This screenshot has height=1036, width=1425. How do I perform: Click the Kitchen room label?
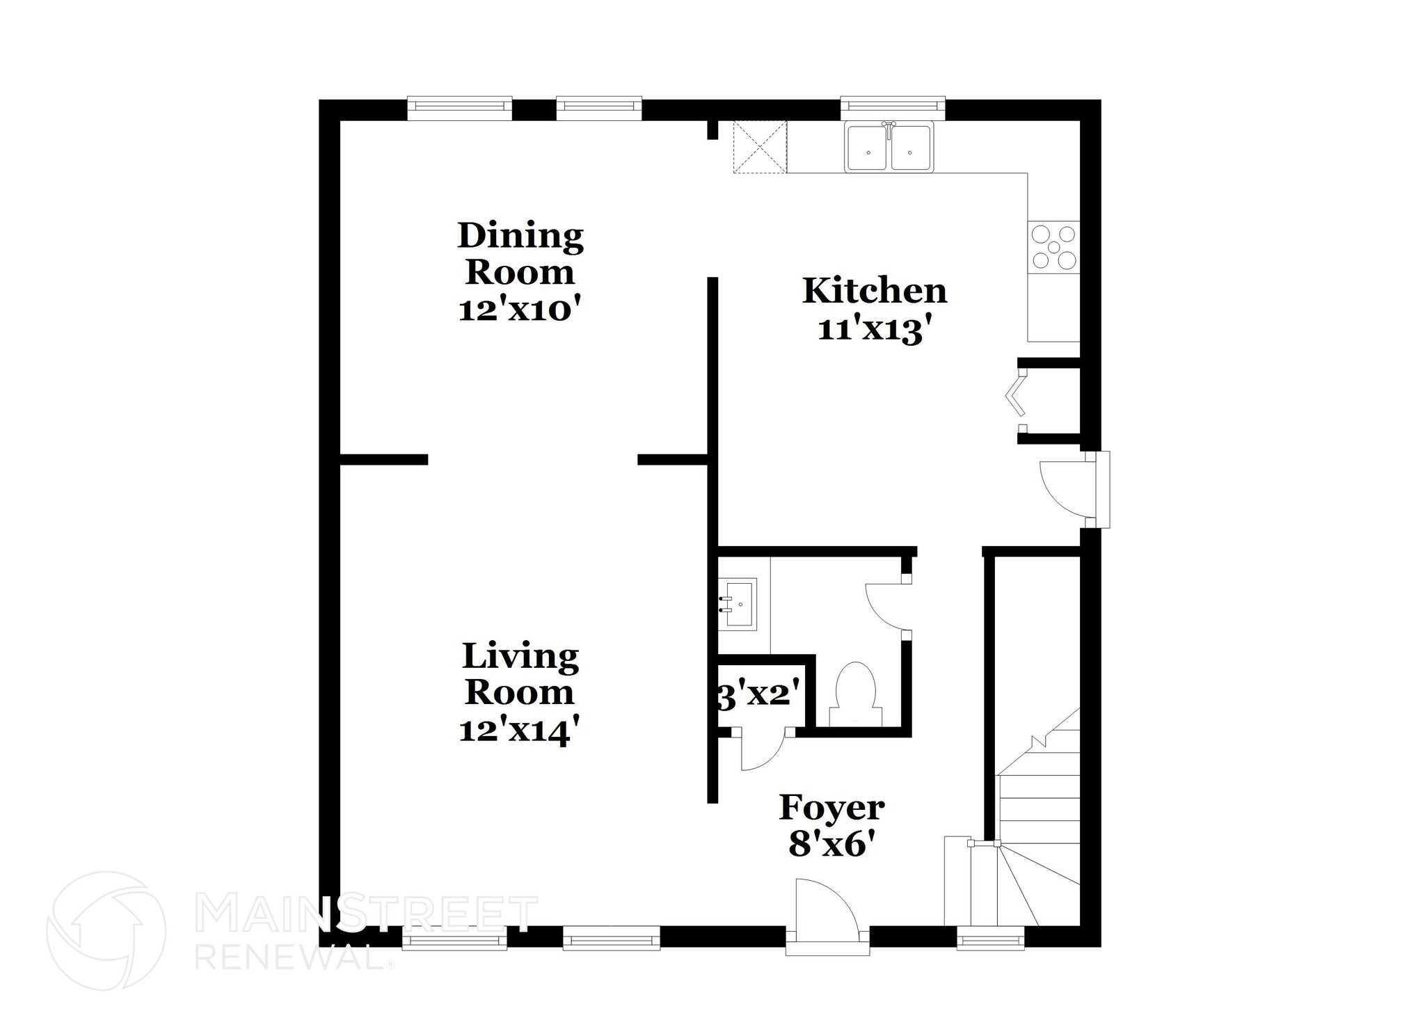874,291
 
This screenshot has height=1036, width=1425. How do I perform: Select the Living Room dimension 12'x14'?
519,731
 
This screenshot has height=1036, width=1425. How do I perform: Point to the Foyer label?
831,808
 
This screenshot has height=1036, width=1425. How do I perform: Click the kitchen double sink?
889,148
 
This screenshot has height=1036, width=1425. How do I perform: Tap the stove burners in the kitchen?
1053,246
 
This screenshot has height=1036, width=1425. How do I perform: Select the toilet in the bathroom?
855,689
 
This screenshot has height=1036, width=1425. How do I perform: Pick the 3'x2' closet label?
756,694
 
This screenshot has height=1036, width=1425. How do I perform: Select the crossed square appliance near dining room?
760,146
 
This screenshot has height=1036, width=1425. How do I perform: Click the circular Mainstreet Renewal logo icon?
106,930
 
